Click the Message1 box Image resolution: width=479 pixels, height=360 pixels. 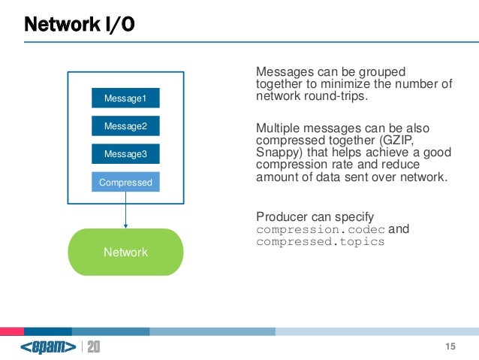pos(125,98)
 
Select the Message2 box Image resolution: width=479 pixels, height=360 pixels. pos(125,126)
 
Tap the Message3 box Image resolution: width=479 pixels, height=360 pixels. pos(125,154)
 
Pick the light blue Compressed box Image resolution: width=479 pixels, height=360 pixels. pos(125,182)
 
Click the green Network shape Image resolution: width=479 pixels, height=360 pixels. pos(125,252)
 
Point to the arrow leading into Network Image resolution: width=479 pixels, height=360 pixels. pos(125,215)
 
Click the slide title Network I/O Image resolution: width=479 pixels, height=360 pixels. pos(80,26)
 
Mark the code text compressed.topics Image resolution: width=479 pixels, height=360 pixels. pos(321,242)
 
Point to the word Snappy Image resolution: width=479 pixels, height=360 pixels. pos(278,153)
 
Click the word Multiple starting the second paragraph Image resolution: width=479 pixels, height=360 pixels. pos(280,128)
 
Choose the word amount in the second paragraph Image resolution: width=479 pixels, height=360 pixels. pos(278,177)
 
